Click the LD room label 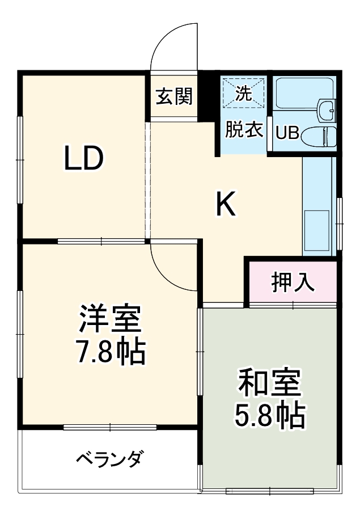(x=83, y=159)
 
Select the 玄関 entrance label (x=174, y=96)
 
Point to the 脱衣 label (x=244, y=130)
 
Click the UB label (x=287, y=133)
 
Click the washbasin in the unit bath (x=327, y=110)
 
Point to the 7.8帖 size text (x=111, y=352)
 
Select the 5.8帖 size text (x=270, y=417)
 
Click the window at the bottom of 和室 (x=270, y=491)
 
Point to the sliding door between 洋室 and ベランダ (x=110, y=427)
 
